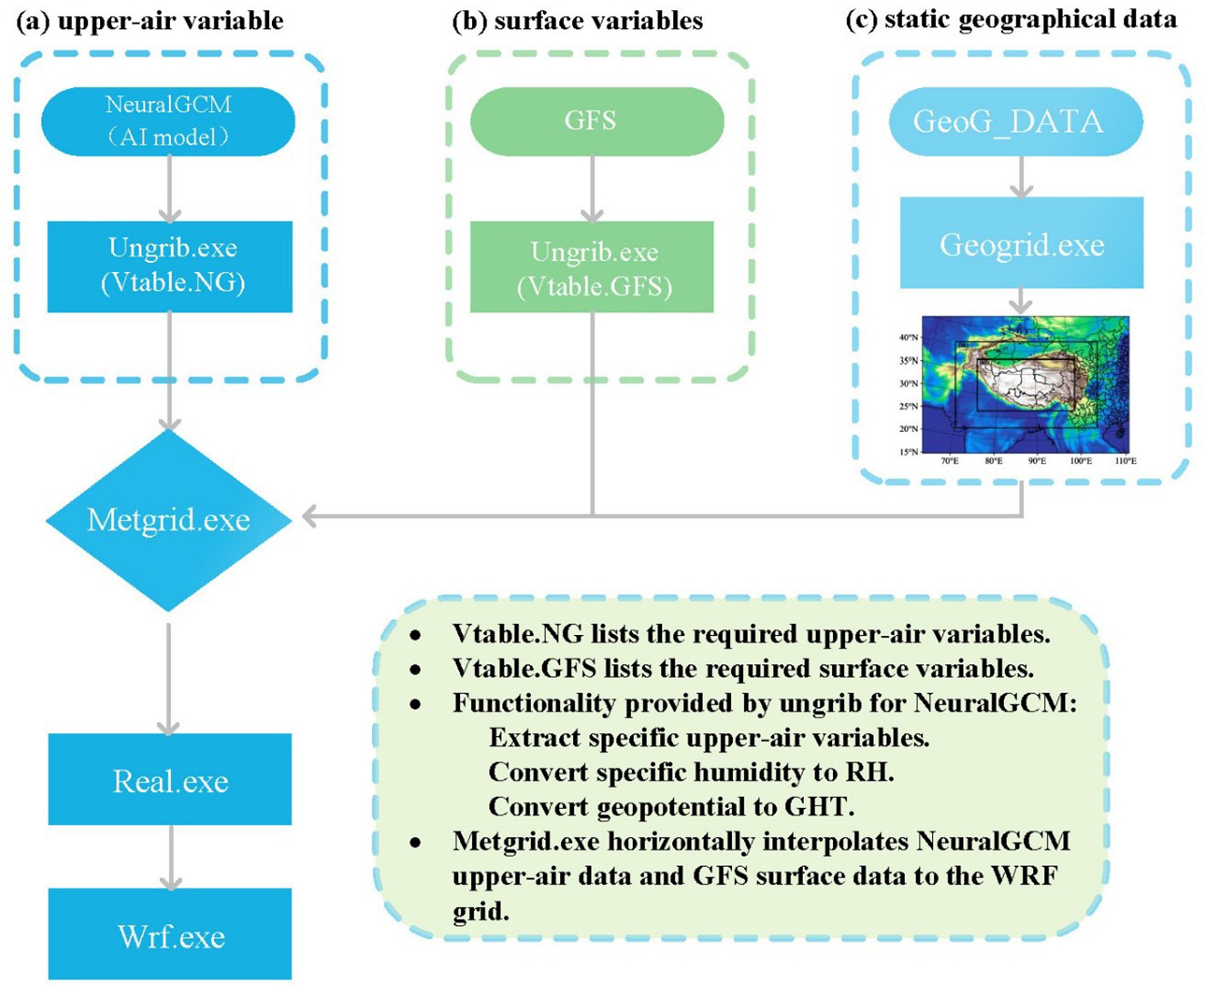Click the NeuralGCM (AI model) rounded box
168,121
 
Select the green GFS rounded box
596,121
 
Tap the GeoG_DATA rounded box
1015,122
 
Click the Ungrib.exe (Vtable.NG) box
170,266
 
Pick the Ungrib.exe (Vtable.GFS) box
592,268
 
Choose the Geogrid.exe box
1021,244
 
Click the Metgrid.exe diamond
168,519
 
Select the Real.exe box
170,780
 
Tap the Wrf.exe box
170,934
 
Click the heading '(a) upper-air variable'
150,20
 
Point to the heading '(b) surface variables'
577,20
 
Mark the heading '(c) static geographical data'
1011,19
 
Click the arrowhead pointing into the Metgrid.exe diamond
310,517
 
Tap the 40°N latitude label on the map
908,337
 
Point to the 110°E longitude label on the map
1125,461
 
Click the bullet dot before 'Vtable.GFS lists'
416,670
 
